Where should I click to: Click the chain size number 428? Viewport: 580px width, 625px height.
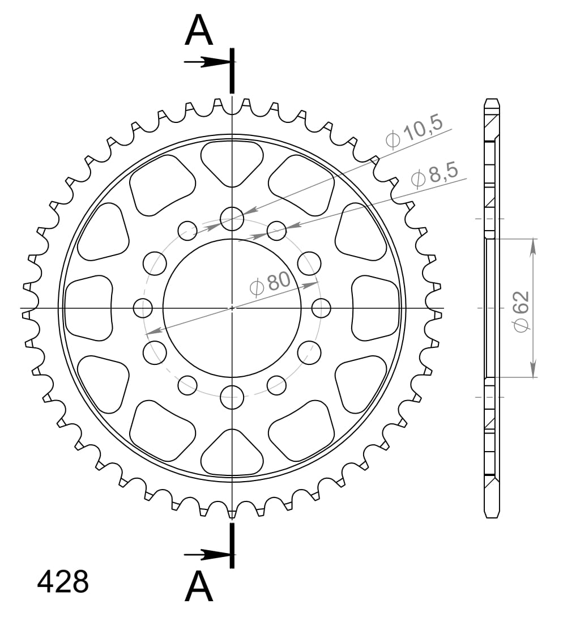(63, 583)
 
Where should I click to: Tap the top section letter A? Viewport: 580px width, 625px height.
(199, 31)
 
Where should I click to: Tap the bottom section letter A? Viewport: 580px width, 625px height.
(199, 587)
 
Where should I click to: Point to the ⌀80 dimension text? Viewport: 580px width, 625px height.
(270, 283)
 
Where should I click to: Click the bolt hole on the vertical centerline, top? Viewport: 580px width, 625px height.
(232, 219)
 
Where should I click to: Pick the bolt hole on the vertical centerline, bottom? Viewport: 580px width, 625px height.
(232, 396)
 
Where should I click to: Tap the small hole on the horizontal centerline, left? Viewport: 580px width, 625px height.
(143, 308)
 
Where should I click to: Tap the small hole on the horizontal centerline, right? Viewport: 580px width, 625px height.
(321, 308)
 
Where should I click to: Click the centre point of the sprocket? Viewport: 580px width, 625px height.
(232, 308)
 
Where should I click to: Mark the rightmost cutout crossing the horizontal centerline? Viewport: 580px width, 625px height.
(376, 308)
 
